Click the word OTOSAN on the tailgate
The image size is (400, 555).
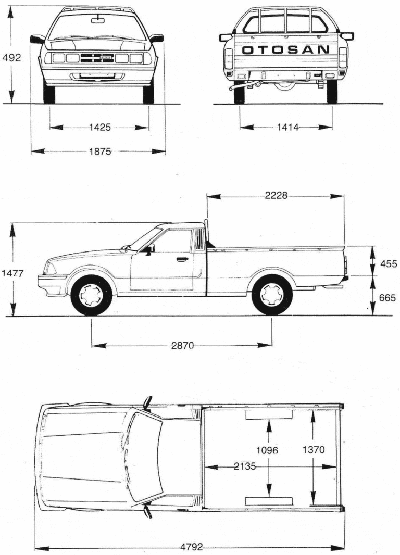[x=285, y=49]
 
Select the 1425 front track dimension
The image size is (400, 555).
[x=100, y=127]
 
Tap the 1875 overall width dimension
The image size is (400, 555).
[x=100, y=152]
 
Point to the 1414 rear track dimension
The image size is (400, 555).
[x=287, y=127]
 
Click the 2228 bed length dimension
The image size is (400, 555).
[x=276, y=195]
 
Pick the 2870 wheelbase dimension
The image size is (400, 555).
[x=182, y=346]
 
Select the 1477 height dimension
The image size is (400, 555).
[x=12, y=273]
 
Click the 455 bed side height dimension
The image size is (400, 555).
[x=388, y=263]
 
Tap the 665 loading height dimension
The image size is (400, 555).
[x=387, y=298]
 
